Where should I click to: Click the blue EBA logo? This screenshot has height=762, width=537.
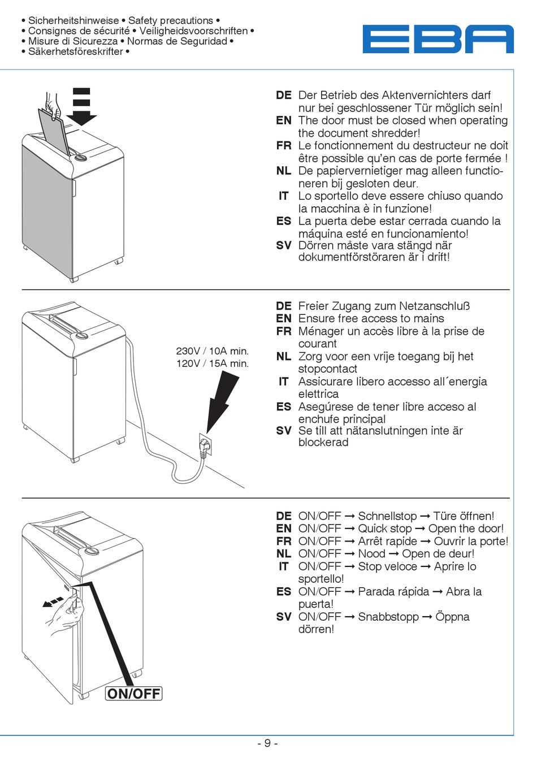click(438, 39)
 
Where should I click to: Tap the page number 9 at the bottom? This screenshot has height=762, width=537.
click(267, 743)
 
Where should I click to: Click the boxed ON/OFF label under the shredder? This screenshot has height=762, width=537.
click(134, 694)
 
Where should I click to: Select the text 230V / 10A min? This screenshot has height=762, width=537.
click(213, 351)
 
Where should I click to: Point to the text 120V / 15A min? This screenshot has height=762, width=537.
click(213, 363)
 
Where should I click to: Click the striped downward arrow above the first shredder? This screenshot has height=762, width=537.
click(82, 106)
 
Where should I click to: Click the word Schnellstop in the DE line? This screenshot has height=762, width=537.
click(387, 516)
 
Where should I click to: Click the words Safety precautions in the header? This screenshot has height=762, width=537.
click(171, 21)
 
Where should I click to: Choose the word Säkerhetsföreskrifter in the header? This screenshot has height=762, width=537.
click(76, 51)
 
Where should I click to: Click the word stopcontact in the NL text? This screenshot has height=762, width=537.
click(328, 369)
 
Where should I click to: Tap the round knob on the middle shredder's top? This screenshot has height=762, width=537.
click(82, 335)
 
